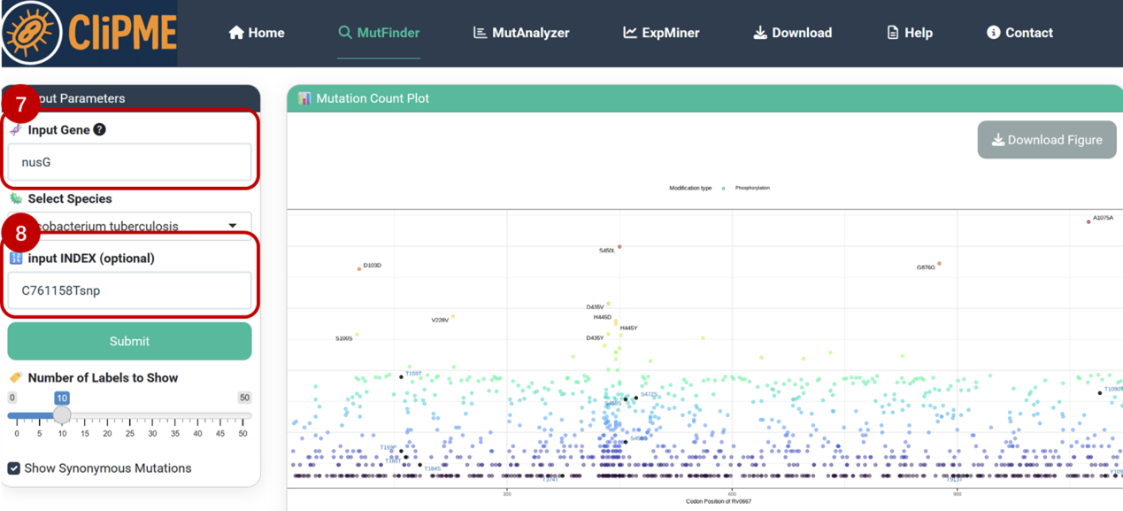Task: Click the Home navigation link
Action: coord(257,33)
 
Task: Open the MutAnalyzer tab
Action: coord(521,33)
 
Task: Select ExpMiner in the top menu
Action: coord(661,33)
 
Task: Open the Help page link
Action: coord(910,33)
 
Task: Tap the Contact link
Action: coord(1019,33)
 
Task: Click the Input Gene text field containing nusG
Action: coord(129,163)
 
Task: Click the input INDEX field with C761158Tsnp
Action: coord(129,290)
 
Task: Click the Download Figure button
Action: coord(1047,140)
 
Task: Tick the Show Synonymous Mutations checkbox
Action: coord(14,468)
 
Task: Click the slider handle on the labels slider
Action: coord(62,415)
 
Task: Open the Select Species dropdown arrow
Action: coord(233,226)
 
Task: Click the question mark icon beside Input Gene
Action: coord(100,129)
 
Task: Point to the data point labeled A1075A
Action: coord(1088,222)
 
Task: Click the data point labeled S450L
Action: coord(619,247)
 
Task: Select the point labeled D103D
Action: coord(359,269)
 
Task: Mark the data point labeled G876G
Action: coord(939,264)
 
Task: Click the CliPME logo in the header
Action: coord(88,33)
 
